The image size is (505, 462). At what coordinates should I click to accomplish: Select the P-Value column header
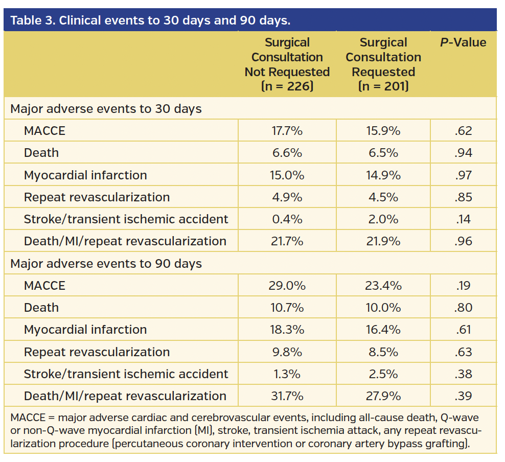point(463,42)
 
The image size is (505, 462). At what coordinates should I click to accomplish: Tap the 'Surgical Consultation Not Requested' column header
point(287,64)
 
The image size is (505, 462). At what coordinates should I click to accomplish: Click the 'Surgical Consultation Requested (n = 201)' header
point(383,64)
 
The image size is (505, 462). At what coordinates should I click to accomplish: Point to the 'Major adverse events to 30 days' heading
point(106,109)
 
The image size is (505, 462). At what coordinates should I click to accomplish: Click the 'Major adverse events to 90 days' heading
point(106,264)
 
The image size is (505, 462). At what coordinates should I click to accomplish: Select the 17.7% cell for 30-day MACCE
point(287,131)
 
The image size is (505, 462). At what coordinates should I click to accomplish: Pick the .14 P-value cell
point(463,219)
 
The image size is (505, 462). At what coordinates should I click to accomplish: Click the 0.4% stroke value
point(287,219)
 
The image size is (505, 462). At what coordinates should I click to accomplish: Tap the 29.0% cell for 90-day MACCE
point(287,286)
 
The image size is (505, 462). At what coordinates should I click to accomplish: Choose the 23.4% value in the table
point(383,286)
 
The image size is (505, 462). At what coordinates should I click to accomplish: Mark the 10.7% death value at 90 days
point(287,308)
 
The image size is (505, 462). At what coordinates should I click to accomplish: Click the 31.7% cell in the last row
point(287,396)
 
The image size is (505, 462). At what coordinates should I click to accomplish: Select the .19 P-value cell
point(463,286)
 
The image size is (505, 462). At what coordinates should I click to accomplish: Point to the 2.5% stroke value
point(383,374)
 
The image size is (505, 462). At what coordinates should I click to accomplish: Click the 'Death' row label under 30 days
point(41,153)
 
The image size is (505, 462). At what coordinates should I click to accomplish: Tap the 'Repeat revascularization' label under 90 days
point(97,352)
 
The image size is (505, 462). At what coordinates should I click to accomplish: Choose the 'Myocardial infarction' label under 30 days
point(85,175)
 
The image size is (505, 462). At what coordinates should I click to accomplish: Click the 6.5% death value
point(383,153)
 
